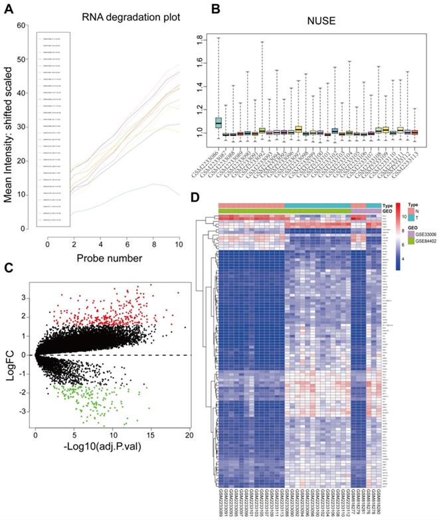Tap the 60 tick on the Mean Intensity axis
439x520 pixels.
pos(23,25)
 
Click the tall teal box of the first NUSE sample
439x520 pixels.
pos(219,123)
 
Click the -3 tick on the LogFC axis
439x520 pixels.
pos(25,412)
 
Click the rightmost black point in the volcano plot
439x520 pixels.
pos(185,327)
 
